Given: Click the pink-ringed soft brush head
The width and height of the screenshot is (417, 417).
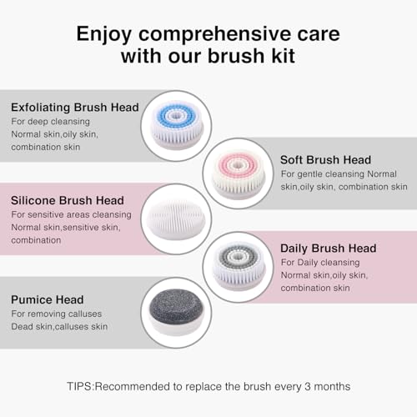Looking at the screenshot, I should tap(238, 172).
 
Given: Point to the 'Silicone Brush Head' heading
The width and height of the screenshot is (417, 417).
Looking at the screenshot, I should tap(68, 200).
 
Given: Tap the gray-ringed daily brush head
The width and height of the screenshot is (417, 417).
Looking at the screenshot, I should tap(238, 265).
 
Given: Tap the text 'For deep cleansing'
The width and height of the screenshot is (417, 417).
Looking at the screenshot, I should tap(51, 121).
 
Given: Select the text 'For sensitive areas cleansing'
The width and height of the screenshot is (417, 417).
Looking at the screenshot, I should tap(70, 214).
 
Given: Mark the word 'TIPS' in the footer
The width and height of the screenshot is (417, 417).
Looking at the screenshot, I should tap(82, 387).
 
